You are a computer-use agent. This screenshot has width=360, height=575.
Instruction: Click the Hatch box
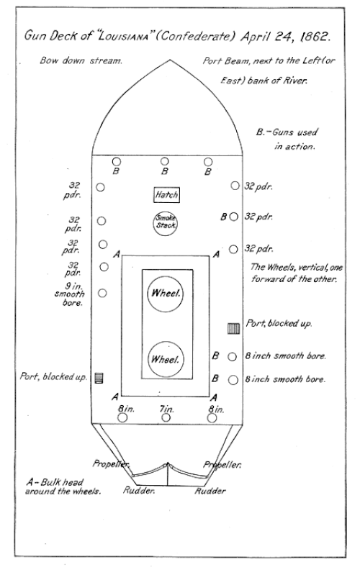tap(166, 195)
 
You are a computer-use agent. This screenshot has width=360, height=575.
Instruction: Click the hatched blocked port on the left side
tap(99, 378)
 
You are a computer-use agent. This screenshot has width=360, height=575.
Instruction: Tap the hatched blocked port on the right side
tap(234, 328)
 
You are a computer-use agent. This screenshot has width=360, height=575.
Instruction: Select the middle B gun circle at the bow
tap(164, 161)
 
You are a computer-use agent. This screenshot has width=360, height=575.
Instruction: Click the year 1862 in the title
tap(315, 37)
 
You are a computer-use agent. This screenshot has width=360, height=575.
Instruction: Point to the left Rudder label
tap(139, 490)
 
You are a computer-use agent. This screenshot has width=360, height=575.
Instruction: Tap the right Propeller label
tap(222, 465)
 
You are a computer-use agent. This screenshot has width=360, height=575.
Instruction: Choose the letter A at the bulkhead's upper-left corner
tap(117, 254)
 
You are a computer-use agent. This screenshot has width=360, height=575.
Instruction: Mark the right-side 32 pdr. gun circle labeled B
tap(234, 217)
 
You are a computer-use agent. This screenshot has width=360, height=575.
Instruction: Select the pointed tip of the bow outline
tap(169, 60)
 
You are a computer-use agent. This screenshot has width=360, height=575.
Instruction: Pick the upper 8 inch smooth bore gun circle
tap(233, 356)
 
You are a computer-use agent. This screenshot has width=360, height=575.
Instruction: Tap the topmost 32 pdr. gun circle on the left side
tap(100, 187)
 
